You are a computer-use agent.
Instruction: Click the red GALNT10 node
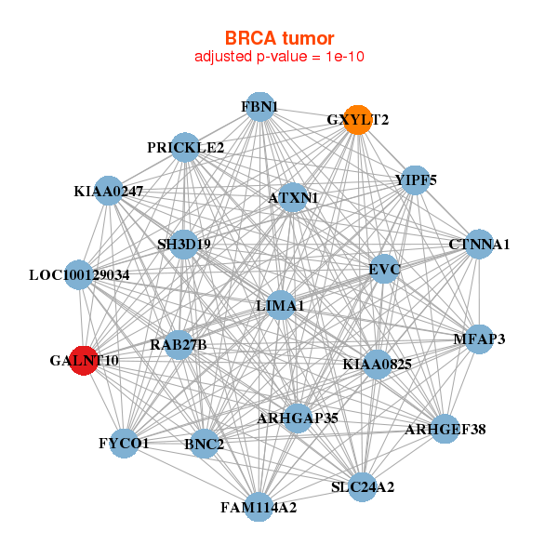click(x=84, y=361)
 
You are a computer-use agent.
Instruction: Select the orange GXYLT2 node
click(x=358, y=120)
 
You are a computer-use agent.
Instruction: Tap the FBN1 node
click(x=259, y=107)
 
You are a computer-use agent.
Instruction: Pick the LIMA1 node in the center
click(x=281, y=305)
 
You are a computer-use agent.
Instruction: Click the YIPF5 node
click(x=416, y=180)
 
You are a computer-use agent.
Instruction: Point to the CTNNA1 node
click(x=479, y=244)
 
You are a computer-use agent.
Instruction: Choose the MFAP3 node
click(x=479, y=339)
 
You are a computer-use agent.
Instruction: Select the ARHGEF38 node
click(x=445, y=429)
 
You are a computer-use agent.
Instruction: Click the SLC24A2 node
click(x=363, y=486)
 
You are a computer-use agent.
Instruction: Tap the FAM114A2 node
click(x=259, y=507)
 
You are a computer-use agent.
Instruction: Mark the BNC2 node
click(x=205, y=444)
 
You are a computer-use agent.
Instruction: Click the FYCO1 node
click(x=124, y=444)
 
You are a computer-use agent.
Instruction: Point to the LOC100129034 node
click(x=79, y=274)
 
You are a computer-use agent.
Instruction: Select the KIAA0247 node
click(x=109, y=191)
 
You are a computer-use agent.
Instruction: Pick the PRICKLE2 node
click(x=185, y=147)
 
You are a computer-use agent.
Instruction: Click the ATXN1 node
click(x=293, y=197)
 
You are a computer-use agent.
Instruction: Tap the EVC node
click(x=384, y=269)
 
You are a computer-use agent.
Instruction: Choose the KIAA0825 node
click(x=378, y=364)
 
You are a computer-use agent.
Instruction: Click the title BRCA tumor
click(x=279, y=38)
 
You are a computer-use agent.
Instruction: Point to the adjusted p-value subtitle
click(x=279, y=57)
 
